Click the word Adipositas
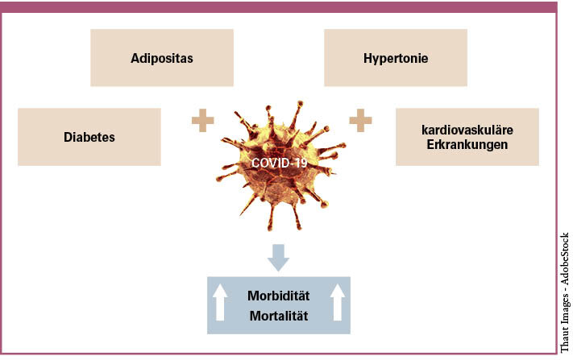click(x=162, y=58)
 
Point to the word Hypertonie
click(x=396, y=58)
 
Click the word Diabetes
click(x=89, y=137)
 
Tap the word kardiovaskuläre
click(x=467, y=130)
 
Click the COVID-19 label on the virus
click(x=279, y=163)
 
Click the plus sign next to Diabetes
click(x=202, y=121)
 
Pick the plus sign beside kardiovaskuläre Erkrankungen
click(x=360, y=121)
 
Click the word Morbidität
click(x=279, y=296)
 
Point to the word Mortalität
click(x=279, y=316)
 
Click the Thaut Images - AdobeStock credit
click(x=564, y=292)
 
